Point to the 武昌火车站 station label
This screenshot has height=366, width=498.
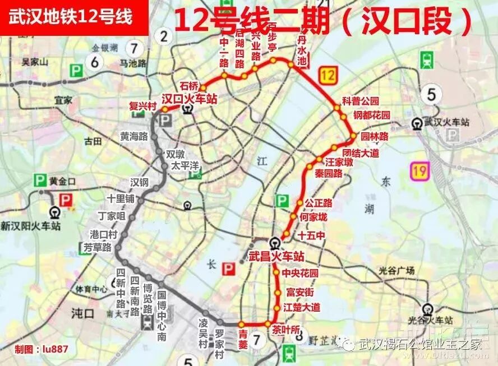coord(276,257)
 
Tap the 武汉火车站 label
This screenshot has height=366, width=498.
coord(446,122)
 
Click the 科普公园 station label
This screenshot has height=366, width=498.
coord(361,101)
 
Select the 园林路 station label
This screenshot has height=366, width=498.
coord(374,136)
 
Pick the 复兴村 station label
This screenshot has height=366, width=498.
coord(141,105)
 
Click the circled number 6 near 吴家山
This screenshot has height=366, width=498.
coord(95,62)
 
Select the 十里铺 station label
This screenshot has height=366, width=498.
coord(121,199)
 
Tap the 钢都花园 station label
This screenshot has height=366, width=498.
coord(371,115)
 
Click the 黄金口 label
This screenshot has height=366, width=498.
coord(62,181)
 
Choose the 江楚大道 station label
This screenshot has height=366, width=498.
coord(302,307)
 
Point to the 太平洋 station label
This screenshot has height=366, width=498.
coord(185,166)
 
